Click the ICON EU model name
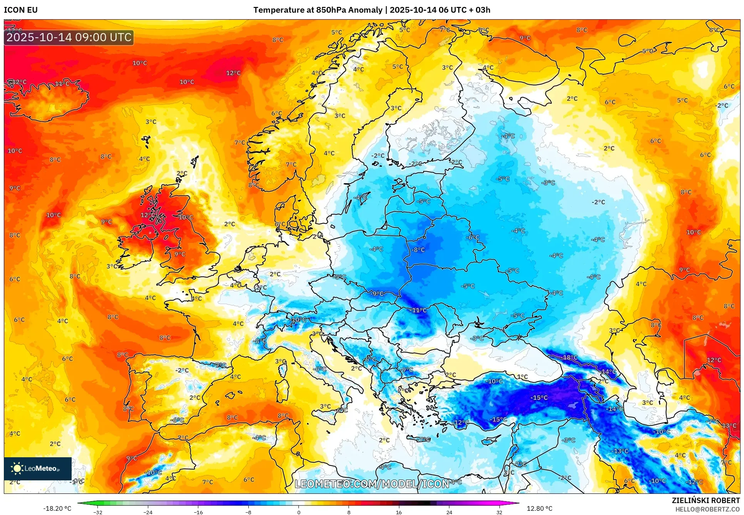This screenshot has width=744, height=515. (x=21, y=10)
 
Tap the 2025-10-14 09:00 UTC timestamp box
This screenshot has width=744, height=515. (x=69, y=37)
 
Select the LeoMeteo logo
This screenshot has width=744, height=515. (x=38, y=468)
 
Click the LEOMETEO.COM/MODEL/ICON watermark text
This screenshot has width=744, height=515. (x=372, y=484)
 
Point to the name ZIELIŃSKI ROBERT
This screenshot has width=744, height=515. (x=705, y=500)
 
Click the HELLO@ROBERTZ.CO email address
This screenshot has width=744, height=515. (x=707, y=509)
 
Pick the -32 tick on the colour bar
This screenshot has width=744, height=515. (x=98, y=512)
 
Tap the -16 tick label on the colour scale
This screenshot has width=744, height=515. (x=198, y=512)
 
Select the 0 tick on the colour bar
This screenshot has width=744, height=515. (x=299, y=512)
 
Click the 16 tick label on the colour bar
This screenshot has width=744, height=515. (x=399, y=512)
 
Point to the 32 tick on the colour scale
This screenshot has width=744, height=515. (x=499, y=512)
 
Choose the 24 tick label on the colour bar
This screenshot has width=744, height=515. (x=449, y=512)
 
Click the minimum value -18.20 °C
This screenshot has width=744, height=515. (x=57, y=508)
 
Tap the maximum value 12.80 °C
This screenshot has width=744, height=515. (x=539, y=508)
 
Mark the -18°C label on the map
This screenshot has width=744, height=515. (x=570, y=358)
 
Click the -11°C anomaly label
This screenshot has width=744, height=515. (x=419, y=310)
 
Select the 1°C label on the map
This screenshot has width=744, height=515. (x=522, y=377)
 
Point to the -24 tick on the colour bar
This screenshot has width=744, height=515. (x=148, y=512)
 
